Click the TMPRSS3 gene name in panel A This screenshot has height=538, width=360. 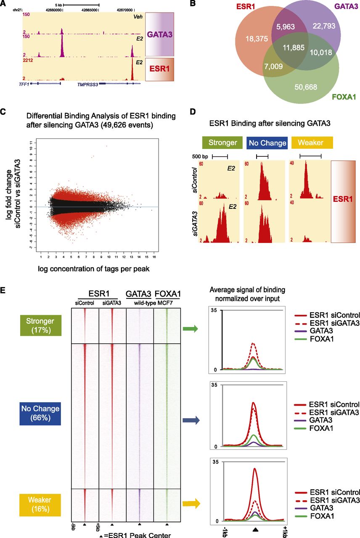(87, 84)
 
